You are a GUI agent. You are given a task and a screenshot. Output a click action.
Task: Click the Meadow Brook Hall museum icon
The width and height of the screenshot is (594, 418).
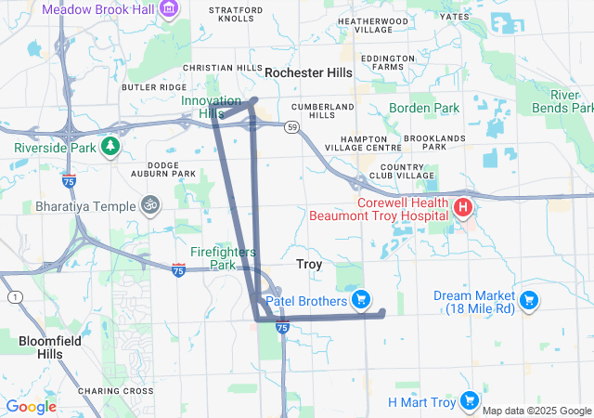point(169,9)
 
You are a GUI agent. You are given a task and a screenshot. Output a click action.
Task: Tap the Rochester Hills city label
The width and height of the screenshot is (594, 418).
point(308,72)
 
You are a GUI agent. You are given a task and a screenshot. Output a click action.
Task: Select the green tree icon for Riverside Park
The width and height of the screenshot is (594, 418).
point(110,146)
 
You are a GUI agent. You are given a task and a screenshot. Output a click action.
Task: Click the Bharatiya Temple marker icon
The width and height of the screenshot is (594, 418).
point(150,204)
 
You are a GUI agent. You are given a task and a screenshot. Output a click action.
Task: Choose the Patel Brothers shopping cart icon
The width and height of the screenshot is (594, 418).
point(361,300)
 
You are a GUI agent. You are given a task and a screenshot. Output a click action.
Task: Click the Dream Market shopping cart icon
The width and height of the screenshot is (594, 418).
point(528,300)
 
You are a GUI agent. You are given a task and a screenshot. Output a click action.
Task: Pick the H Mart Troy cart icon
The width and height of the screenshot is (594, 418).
point(469,401)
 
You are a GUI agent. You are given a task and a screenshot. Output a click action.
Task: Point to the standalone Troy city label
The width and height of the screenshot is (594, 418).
point(309,265)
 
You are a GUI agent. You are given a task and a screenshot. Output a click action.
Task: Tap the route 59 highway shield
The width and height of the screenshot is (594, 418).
point(291,127)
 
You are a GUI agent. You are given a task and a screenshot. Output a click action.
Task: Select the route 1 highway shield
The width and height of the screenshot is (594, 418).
point(15,296)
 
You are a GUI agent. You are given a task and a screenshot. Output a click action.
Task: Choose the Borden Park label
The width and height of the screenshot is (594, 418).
point(423,109)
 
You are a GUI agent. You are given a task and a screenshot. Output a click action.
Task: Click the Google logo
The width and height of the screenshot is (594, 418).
point(31,407)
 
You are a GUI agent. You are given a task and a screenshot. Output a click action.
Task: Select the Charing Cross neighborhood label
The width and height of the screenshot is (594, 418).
point(116,391)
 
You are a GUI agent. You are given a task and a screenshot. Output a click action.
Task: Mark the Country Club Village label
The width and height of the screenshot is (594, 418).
point(401,170)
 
